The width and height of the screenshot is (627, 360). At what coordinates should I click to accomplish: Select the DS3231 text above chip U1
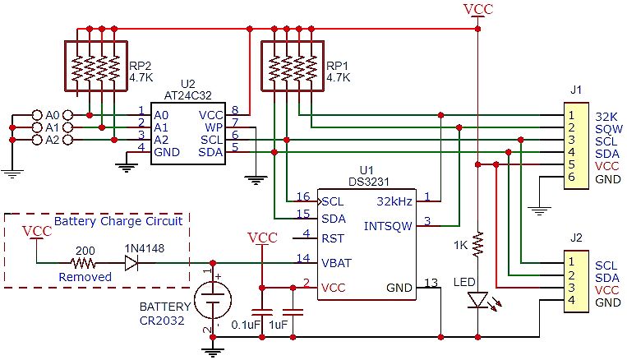(362, 181)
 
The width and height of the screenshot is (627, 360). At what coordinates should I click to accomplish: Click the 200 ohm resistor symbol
(83, 264)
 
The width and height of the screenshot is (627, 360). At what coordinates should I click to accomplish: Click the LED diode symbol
(478, 300)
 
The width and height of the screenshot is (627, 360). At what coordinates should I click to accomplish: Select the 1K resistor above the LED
(478, 244)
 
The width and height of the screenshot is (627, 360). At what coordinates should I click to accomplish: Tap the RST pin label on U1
(333, 239)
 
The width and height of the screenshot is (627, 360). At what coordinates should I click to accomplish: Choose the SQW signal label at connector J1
(608, 129)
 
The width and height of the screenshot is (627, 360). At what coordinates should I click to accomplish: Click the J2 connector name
(575, 238)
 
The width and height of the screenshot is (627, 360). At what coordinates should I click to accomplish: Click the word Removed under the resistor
(85, 277)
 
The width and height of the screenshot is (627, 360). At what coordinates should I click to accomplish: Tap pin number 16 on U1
(303, 197)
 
